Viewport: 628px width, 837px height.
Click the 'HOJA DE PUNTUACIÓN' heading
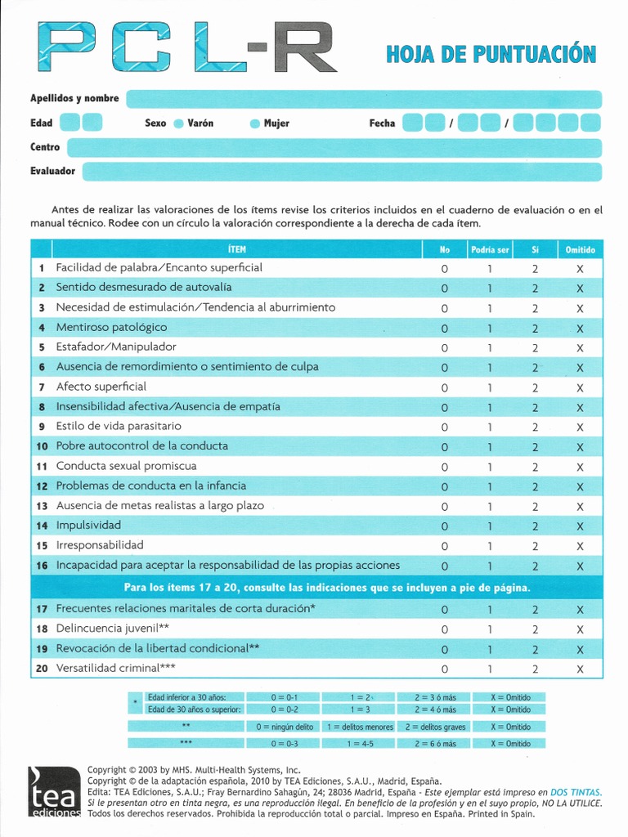click(491, 55)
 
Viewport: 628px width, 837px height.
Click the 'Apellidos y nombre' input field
click(363, 99)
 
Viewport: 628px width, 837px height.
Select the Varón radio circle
click(178, 124)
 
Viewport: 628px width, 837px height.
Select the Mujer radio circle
click(254, 124)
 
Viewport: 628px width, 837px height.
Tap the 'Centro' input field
click(334, 148)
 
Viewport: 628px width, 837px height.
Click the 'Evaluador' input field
click(341, 172)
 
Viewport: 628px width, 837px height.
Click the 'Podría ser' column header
click(490, 249)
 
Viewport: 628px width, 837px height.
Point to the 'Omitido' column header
click(580, 249)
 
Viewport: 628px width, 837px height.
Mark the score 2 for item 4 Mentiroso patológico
click(535, 329)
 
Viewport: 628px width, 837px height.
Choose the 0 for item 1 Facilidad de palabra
click(445, 269)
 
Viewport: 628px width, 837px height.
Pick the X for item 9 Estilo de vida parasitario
click(580, 427)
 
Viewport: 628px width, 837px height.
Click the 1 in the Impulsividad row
click(490, 526)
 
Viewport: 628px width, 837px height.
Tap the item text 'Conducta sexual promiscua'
click(126, 466)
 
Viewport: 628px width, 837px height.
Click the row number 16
click(42, 566)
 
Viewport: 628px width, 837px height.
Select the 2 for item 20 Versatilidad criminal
click(535, 669)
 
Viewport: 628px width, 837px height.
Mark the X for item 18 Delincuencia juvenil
click(580, 629)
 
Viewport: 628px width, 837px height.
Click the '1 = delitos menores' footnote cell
click(359, 727)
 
